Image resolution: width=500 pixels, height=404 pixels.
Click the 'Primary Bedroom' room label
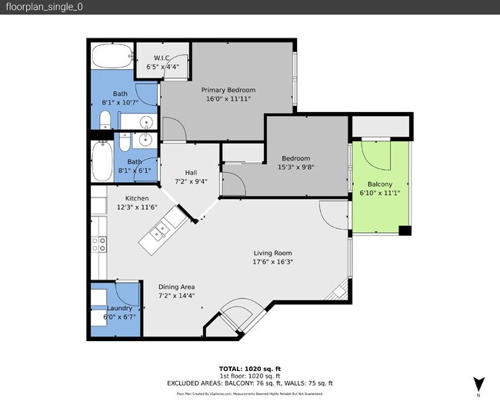(228, 90)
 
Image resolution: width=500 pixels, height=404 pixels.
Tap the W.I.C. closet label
(162, 58)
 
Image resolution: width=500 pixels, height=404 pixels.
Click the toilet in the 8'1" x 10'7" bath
(105, 120)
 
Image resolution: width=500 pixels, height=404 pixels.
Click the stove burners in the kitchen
(99, 244)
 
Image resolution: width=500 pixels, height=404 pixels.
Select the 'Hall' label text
(192, 172)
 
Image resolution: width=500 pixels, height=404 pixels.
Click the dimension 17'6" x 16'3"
(273, 262)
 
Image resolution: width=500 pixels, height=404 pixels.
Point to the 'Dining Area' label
(176, 286)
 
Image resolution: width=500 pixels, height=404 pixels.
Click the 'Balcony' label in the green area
(379, 184)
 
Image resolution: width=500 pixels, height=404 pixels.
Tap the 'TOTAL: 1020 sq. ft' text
(249, 368)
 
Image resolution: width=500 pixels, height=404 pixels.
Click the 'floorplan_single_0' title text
(44, 7)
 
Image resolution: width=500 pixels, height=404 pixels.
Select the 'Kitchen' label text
(127, 197)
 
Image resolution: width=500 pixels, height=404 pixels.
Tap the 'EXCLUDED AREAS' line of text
(249, 382)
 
